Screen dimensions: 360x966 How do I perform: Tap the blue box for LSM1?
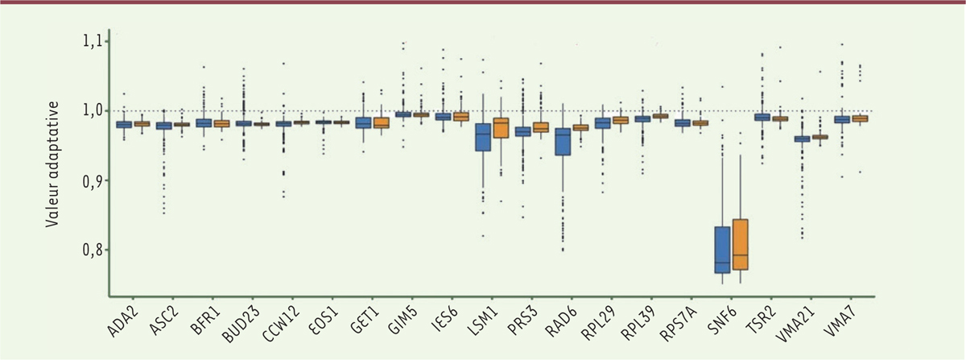point(483,137)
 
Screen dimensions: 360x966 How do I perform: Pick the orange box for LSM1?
point(502,127)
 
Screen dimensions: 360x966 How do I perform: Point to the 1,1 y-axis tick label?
point(94,40)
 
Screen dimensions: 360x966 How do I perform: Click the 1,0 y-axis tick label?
point(94,110)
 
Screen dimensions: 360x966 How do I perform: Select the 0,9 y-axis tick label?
point(94,180)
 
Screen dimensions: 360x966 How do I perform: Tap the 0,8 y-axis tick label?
point(94,250)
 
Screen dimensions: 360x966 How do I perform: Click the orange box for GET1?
point(381,122)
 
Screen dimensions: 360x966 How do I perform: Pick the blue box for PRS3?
point(523,131)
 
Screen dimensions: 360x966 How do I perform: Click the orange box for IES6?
point(460,117)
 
